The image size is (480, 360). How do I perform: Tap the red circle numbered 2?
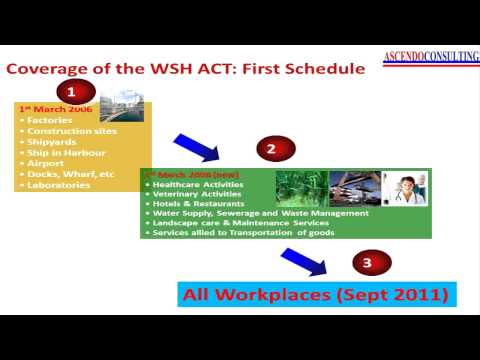click(270, 150)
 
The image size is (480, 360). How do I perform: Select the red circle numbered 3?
click(367, 264)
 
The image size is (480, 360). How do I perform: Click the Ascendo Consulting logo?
click(430, 57)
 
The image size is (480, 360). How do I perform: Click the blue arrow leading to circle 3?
click(304, 262)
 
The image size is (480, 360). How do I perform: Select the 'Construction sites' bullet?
click(68, 131)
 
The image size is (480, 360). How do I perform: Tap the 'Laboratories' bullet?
click(59, 185)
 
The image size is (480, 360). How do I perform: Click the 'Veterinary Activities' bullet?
click(191, 194)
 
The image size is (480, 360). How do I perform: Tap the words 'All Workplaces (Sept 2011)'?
click(316, 294)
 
